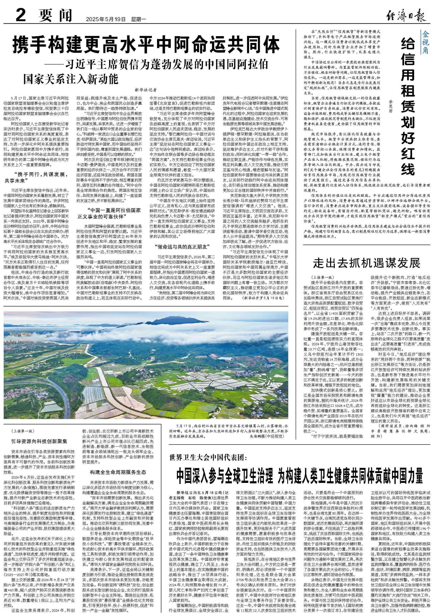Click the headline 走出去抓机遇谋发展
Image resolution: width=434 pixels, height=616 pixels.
click(x=367, y=263)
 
